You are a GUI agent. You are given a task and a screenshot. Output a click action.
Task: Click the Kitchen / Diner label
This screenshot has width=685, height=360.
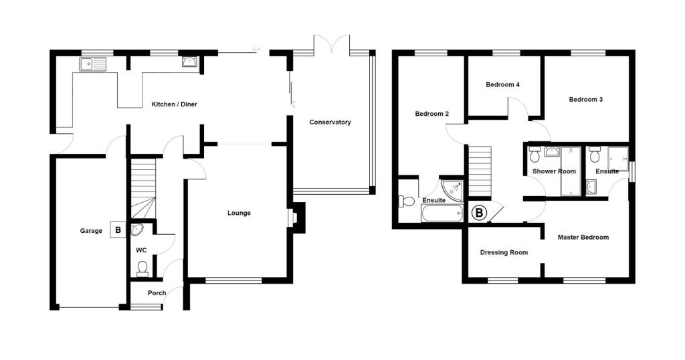click(174, 104)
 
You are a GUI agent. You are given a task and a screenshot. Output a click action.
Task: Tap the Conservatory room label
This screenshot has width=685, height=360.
click(330, 122)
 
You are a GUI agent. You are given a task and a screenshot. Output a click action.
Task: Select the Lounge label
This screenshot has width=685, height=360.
click(239, 213)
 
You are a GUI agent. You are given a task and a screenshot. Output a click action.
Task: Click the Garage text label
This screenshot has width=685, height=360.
click(91, 231)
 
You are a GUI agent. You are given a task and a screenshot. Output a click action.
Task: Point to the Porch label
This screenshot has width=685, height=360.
click(148, 292)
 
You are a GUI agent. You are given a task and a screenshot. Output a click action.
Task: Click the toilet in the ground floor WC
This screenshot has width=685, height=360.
click(142, 268)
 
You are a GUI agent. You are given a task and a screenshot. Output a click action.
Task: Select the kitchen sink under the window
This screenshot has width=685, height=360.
click(92, 64)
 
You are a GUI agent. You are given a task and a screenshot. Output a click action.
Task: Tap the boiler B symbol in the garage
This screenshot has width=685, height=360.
click(118, 230)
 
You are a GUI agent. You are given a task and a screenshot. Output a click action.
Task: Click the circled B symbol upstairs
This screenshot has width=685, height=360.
click(479, 213)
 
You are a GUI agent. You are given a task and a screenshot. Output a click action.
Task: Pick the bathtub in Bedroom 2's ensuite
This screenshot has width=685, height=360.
click(442, 213)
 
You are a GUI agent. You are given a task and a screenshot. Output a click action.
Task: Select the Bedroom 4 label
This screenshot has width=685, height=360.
click(502, 84)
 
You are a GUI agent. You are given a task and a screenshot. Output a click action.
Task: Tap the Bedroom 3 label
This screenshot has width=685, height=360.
click(586, 99)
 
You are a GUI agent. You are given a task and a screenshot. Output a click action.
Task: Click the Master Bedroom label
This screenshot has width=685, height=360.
click(583, 237)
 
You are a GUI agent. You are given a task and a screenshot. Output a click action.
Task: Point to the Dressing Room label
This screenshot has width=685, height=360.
click(504, 252)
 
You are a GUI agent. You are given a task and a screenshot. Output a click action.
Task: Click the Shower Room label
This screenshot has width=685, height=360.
click(554, 171)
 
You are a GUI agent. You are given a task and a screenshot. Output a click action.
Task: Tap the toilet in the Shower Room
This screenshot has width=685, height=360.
click(534, 155)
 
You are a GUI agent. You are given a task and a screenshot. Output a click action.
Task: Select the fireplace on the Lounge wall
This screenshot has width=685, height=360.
click(294, 218)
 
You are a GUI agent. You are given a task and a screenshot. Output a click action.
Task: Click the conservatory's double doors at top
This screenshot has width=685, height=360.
click(331, 46)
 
